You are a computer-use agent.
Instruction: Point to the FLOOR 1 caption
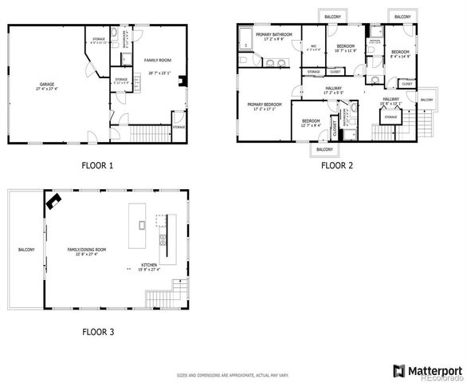97,166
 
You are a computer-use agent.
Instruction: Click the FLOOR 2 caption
336,166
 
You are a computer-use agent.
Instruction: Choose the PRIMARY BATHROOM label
273,35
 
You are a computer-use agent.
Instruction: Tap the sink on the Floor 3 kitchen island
142,225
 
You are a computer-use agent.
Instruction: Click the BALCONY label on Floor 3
26,250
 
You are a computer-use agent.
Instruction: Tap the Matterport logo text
434,369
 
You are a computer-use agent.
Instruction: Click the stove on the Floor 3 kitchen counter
163,239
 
